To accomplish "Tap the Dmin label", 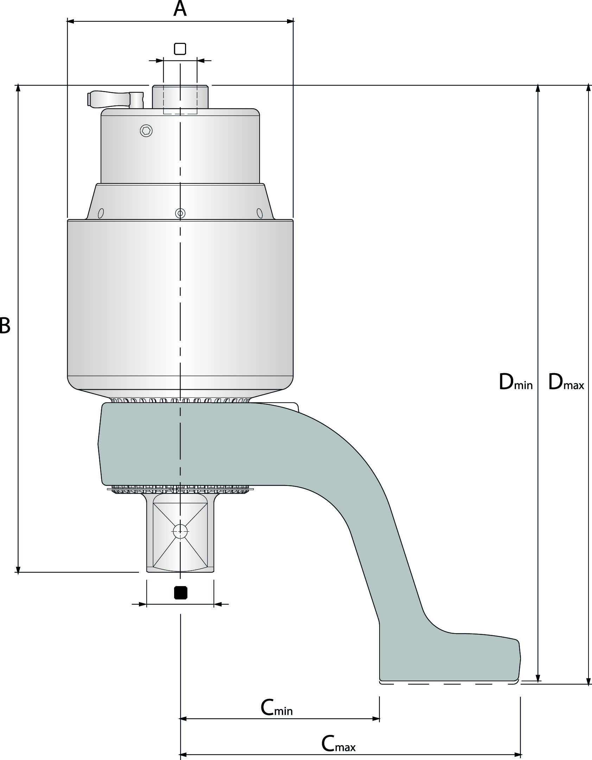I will coord(516,382).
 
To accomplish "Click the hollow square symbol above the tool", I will coord(180,49).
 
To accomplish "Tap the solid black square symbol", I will coord(181,593).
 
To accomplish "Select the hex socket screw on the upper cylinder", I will coord(146,131).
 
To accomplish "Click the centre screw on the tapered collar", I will coord(180,213).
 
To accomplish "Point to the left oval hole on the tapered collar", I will coord(101,213).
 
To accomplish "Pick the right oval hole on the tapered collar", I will coord(260,213).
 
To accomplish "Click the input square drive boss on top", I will coord(180,97).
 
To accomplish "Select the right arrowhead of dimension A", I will coord(290,21).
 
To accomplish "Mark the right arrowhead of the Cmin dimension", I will coord(376,719).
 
